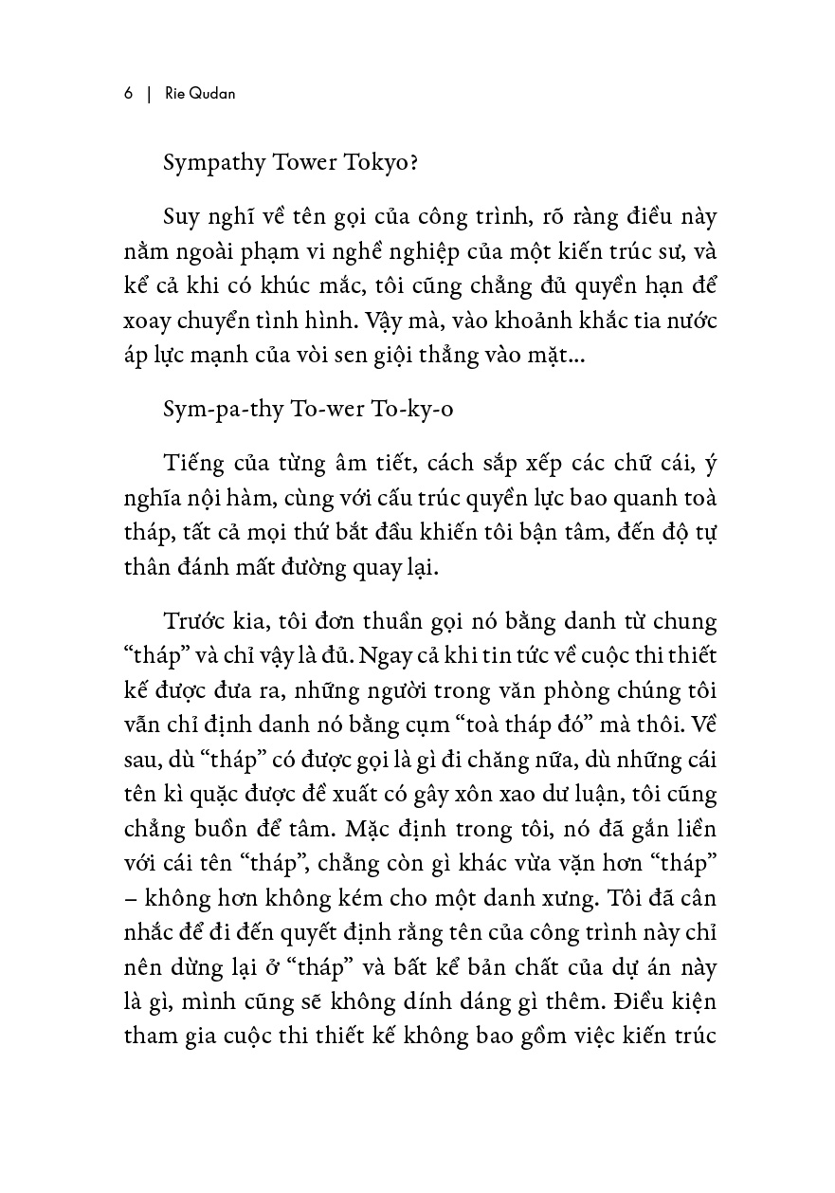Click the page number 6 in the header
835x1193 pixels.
click(x=127, y=95)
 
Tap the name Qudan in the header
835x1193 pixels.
click(x=218, y=95)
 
